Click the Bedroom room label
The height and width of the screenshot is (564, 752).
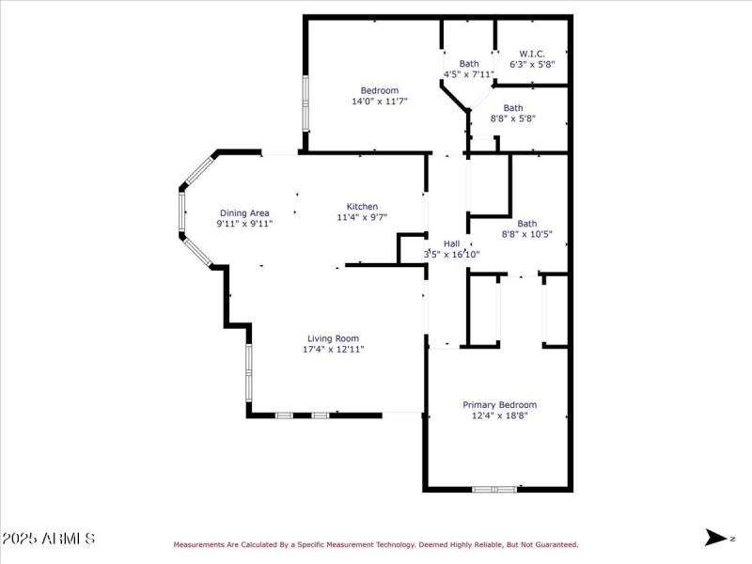coord(380,90)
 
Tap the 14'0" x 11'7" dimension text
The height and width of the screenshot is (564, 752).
coord(380,102)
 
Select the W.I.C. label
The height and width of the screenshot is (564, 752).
coord(532,54)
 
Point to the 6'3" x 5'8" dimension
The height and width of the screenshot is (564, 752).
coord(532,65)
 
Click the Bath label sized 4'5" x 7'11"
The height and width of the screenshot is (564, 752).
coord(468,63)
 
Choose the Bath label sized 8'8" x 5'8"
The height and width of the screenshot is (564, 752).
coord(512,108)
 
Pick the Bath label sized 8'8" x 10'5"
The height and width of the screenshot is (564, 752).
coord(526,224)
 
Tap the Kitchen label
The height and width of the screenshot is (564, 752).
coord(362,207)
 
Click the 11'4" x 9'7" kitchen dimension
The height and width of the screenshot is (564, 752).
coord(362,217)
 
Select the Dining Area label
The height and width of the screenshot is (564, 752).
coord(244,213)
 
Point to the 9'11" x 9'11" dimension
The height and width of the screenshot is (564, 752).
coord(244,225)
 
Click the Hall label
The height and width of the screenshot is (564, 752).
coord(451,243)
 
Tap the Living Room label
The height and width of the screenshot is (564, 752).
coord(333,338)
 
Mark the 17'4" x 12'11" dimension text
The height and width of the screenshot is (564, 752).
coord(333,350)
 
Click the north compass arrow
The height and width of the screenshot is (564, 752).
coord(716,538)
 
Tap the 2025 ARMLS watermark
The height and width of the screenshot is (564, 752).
coord(48,539)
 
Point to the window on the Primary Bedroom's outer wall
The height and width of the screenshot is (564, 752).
coord(494,489)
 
